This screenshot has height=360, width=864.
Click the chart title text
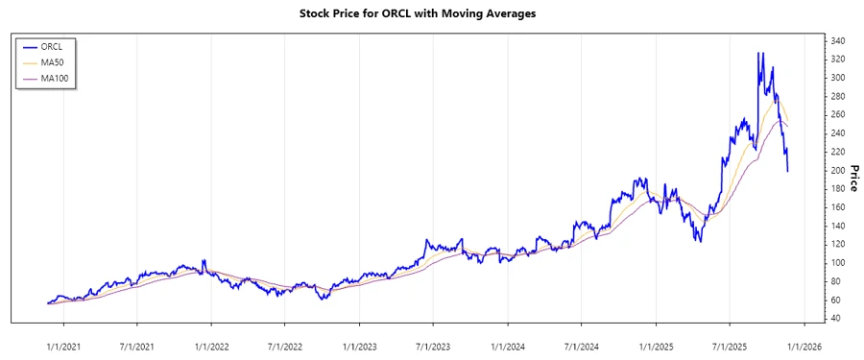[431, 14]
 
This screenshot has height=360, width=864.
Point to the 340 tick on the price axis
[838, 41]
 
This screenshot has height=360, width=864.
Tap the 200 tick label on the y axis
[838, 171]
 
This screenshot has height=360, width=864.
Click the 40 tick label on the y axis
[835, 318]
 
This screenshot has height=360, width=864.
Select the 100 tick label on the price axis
[838, 263]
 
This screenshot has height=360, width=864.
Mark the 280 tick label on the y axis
[838, 97]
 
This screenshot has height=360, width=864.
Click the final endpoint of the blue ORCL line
[788, 171]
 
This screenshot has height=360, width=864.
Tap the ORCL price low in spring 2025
[699, 241]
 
